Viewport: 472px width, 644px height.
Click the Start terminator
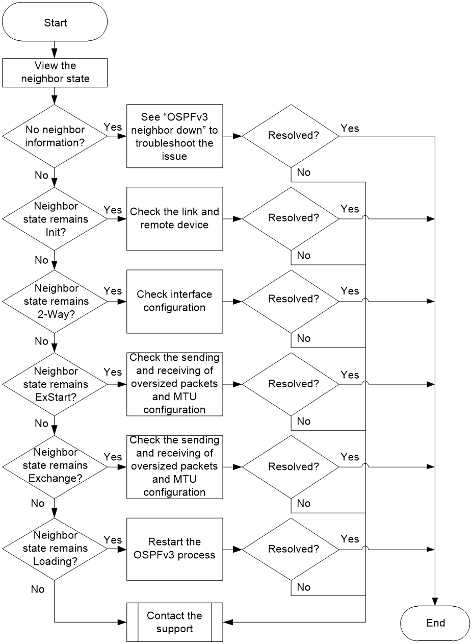click(55, 21)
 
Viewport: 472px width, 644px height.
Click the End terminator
click(435, 623)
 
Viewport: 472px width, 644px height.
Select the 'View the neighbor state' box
click(55, 73)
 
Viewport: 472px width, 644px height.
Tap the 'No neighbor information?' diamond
click(55, 136)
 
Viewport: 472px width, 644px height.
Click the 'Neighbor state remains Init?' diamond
click(55, 219)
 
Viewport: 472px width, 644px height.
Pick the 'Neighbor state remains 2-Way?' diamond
click(55, 302)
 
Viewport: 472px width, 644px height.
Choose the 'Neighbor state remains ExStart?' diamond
click(55, 384)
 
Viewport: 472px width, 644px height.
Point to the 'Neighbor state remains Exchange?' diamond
click(55, 467)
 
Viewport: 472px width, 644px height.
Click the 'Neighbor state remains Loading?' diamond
click(55, 550)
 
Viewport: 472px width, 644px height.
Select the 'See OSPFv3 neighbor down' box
click(174, 136)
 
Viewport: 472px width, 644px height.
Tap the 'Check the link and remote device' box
click(174, 219)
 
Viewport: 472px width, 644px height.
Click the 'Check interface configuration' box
click(174, 302)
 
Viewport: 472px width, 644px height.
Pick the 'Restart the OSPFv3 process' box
click(174, 549)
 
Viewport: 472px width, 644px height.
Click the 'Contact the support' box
click(174, 622)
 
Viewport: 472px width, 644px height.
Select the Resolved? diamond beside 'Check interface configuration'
click(291, 302)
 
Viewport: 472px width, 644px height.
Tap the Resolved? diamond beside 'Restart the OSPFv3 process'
click(291, 550)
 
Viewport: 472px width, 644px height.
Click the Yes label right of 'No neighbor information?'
click(113, 127)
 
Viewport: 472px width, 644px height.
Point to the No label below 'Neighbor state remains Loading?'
click(38, 589)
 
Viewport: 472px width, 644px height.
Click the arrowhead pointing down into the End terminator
click(435, 602)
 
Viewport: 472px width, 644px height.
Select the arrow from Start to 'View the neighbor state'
click(54, 49)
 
